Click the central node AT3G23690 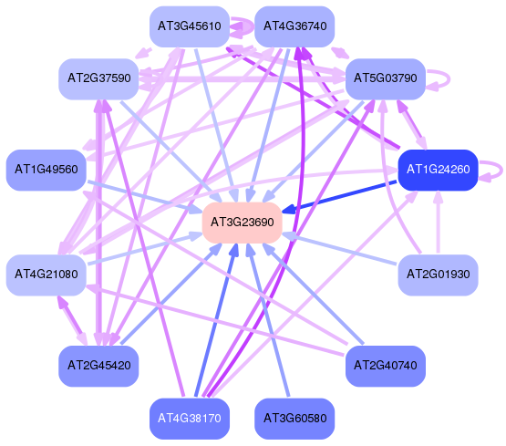pyautogui.click(x=242, y=223)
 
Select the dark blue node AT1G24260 pyautogui.click(x=438, y=170)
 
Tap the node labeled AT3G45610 pyautogui.click(x=190, y=26)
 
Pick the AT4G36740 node pyautogui.click(x=294, y=26)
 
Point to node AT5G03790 pyautogui.click(x=386, y=78)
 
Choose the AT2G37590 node pyautogui.click(x=98, y=78)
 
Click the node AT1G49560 pyautogui.click(x=46, y=170)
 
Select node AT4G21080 pyautogui.click(x=46, y=275)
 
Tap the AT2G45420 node pyautogui.click(x=98, y=366)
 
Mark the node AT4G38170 pyautogui.click(x=190, y=419)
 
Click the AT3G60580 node pyautogui.click(x=294, y=419)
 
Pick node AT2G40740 pyautogui.click(x=386, y=366)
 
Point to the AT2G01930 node pyautogui.click(x=438, y=275)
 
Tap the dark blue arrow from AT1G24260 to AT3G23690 pyautogui.click(x=339, y=196)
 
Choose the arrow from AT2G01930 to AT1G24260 pyautogui.click(x=438, y=222)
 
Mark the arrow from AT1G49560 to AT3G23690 pyautogui.click(x=145, y=197)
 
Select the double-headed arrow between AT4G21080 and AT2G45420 pyautogui.click(x=72, y=321)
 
